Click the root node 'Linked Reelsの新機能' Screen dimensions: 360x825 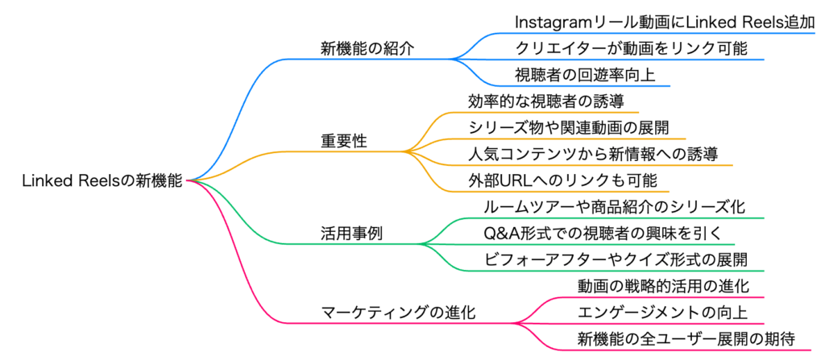[103, 182]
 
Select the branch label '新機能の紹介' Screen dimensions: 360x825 [367, 48]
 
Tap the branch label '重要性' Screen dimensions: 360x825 [344, 141]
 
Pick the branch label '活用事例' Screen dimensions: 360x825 [351, 234]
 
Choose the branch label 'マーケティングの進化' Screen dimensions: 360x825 [398, 312]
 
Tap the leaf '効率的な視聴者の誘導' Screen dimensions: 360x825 [547, 101]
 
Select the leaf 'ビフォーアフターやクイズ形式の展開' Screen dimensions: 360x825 [616, 259]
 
